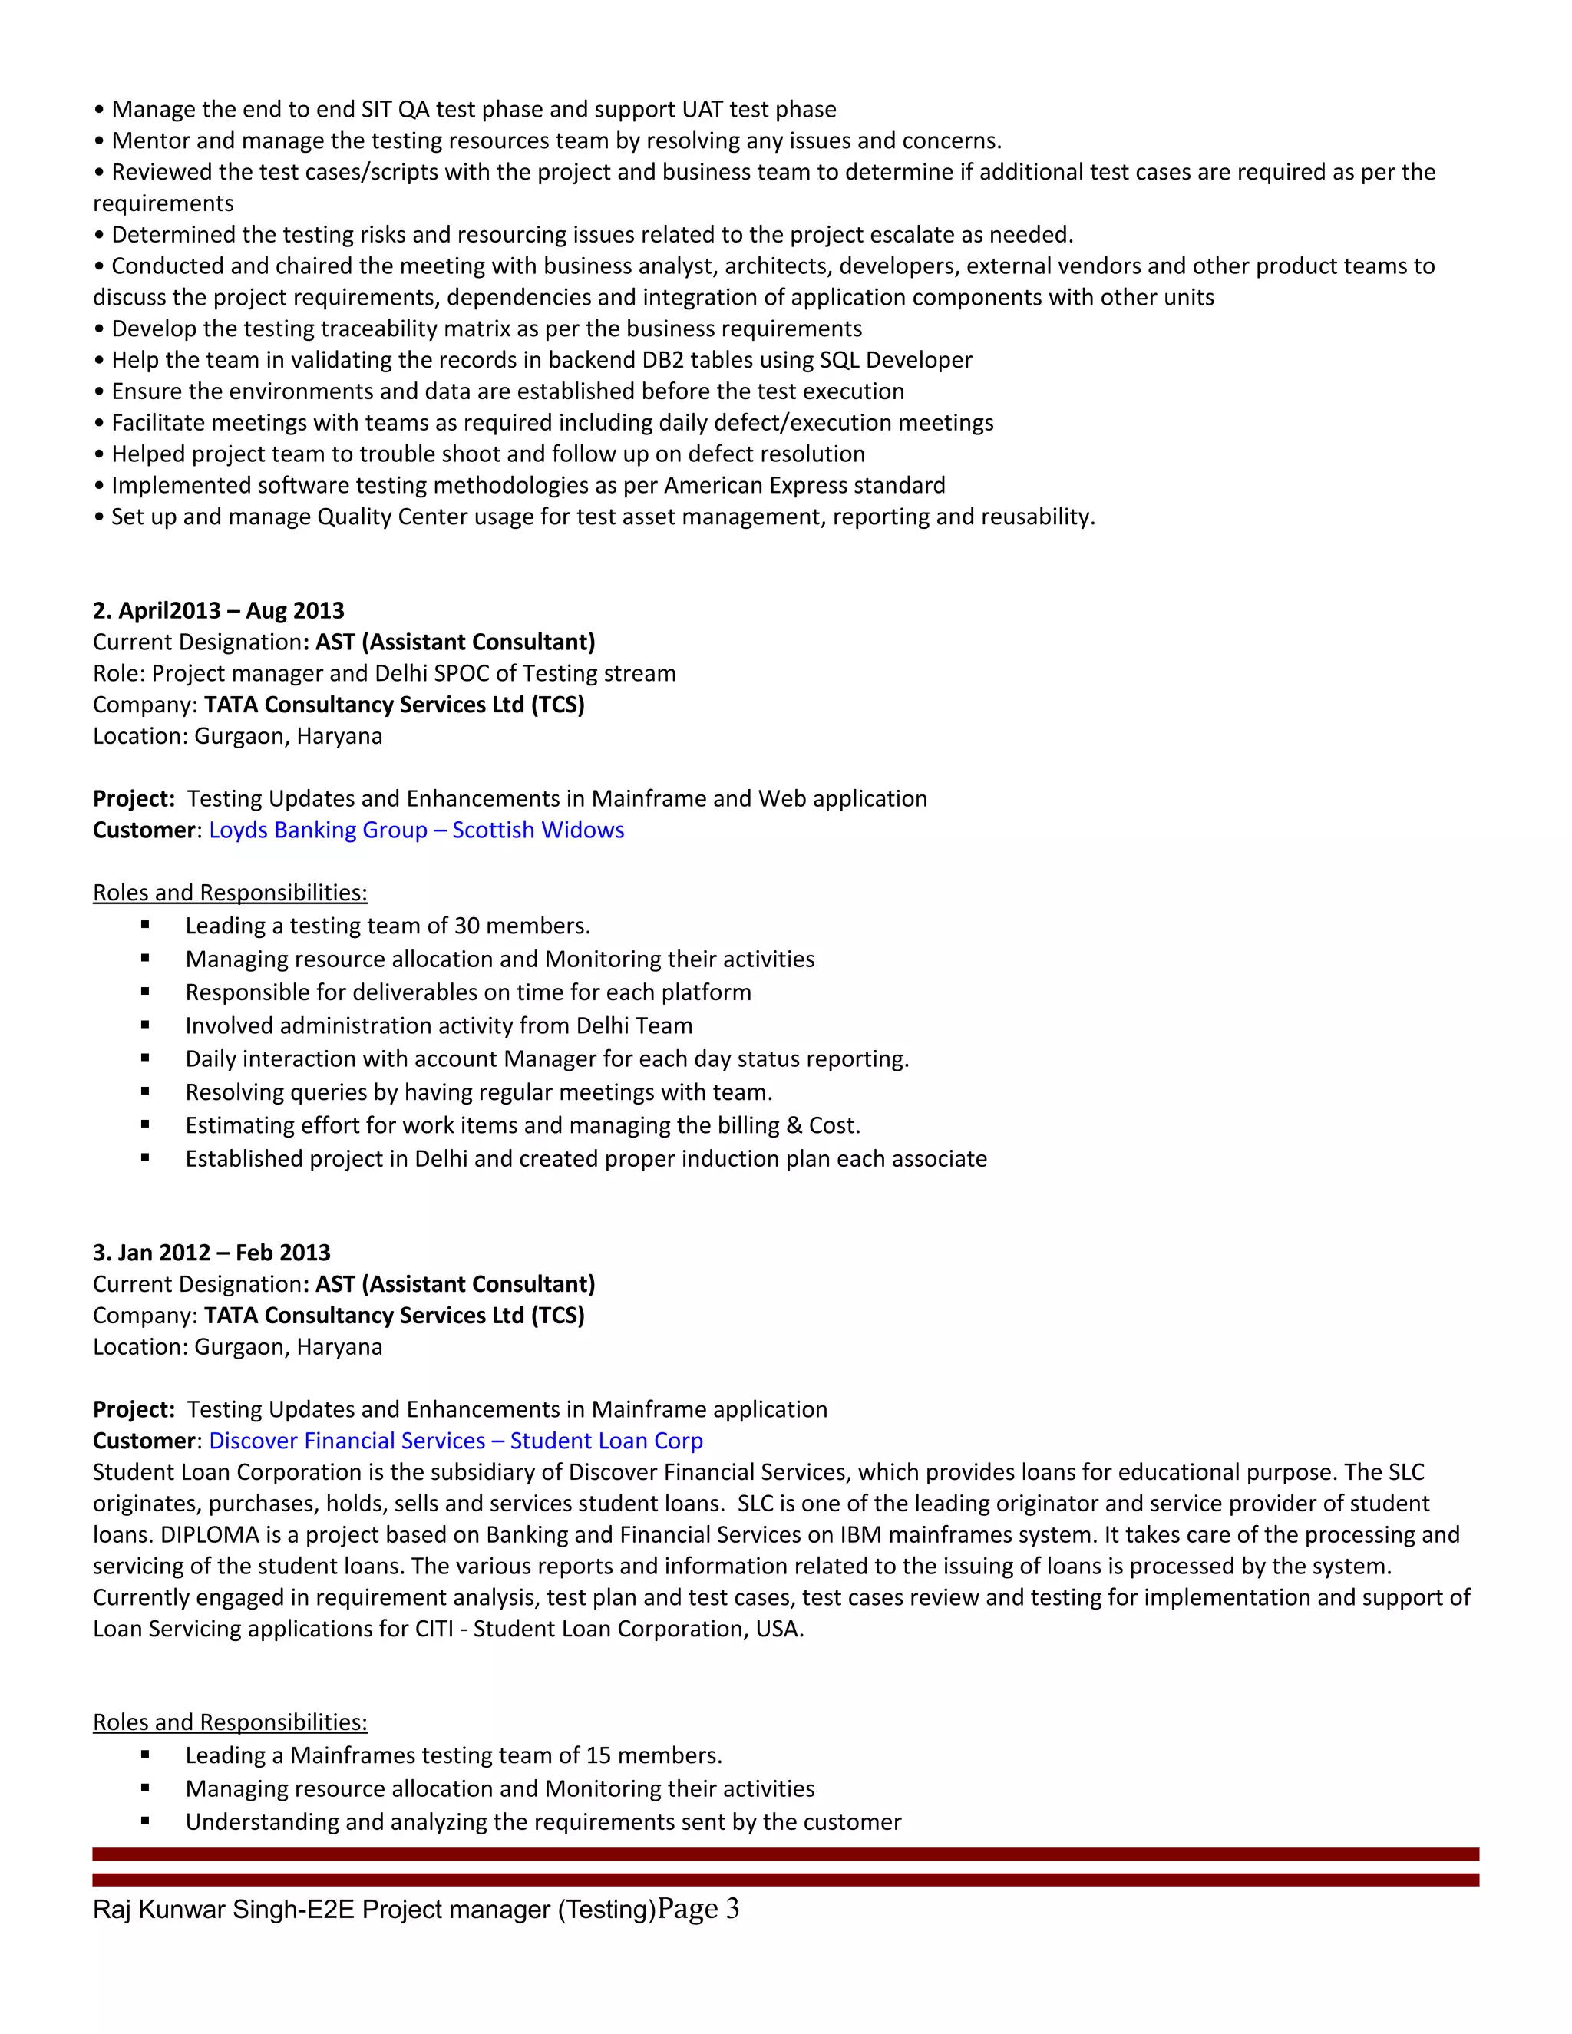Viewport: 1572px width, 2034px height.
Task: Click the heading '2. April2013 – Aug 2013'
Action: (x=218, y=610)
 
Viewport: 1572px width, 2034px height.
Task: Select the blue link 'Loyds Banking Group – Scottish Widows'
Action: (x=416, y=830)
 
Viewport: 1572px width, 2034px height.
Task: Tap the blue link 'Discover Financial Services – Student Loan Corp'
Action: (x=455, y=1441)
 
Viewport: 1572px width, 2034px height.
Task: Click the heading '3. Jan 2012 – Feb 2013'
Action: (x=211, y=1253)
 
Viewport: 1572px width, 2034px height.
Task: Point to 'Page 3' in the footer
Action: (x=698, y=1909)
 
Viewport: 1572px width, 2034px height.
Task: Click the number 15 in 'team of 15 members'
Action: (x=598, y=1755)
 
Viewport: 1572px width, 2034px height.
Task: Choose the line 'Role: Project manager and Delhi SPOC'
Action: (x=384, y=673)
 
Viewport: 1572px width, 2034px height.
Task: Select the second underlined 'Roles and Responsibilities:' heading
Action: (x=230, y=1722)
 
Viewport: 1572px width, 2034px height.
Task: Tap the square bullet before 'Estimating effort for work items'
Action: (x=145, y=1125)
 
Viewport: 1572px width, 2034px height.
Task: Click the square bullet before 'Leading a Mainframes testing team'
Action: (x=145, y=1755)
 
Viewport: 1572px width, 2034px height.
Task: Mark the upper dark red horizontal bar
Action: (x=785, y=1854)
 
